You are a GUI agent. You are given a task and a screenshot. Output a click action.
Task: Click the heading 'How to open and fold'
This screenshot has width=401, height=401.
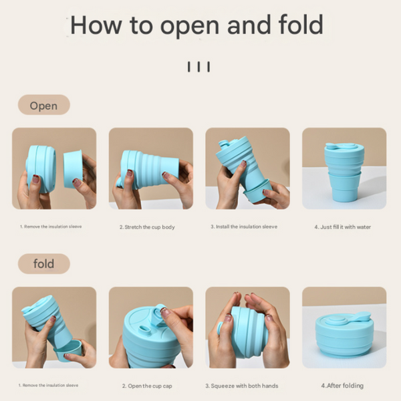click(x=196, y=25)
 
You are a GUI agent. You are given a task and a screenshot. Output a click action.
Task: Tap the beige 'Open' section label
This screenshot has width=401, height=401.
click(x=43, y=105)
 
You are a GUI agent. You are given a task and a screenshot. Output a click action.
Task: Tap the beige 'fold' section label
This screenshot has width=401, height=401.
click(x=43, y=264)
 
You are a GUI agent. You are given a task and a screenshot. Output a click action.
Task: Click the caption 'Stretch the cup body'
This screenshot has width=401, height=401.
click(x=150, y=227)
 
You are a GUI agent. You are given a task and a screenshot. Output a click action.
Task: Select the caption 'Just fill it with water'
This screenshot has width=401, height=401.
click(x=346, y=227)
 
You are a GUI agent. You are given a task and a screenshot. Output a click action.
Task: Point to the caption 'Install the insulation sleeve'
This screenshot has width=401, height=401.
click(x=247, y=227)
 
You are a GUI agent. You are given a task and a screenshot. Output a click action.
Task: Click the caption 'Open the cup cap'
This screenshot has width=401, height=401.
click(x=150, y=386)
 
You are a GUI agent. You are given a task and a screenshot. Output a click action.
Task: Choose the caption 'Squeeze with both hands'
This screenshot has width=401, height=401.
click(x=245, y=386)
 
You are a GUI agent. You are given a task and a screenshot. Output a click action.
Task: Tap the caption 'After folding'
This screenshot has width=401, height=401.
click(x=345, y=386)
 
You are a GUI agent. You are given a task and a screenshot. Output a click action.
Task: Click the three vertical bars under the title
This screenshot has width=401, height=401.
click(x=198, y=67)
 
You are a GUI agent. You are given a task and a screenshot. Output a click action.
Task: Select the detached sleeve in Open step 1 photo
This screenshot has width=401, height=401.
click(x=73, y=169)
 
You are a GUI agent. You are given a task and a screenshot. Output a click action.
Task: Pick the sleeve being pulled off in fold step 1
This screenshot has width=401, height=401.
click(x=68, y=350)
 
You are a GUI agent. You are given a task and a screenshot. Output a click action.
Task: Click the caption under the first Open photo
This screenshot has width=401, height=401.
click(x=51, y=227)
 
